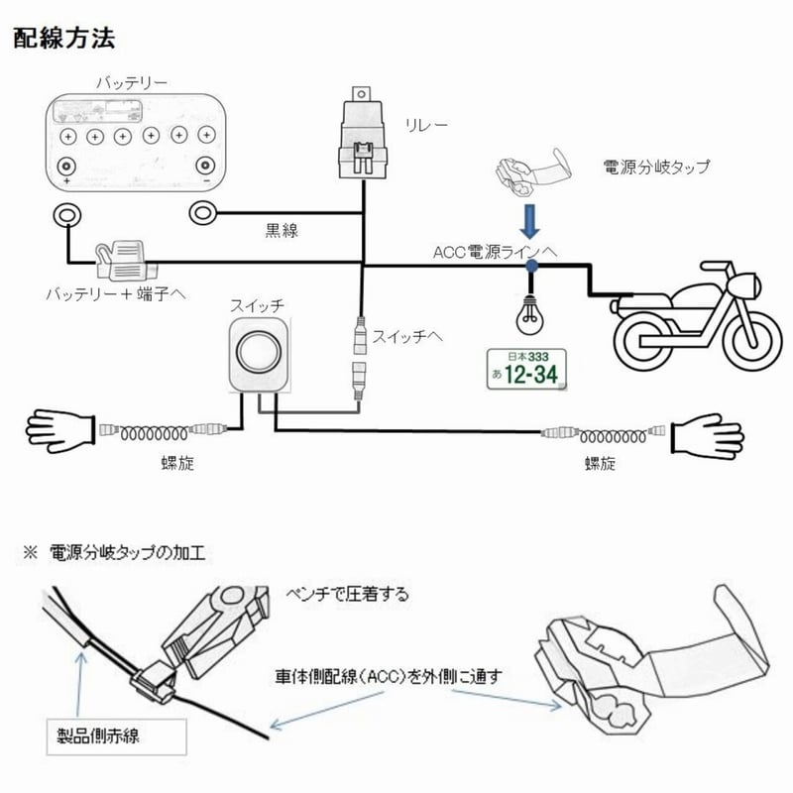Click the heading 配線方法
click(x=65, y=40)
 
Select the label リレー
click(x=427, y=126)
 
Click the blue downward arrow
click(x=532, y=219)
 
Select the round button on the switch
click(x=261, y=353)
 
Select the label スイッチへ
click(x=406, y=337)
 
